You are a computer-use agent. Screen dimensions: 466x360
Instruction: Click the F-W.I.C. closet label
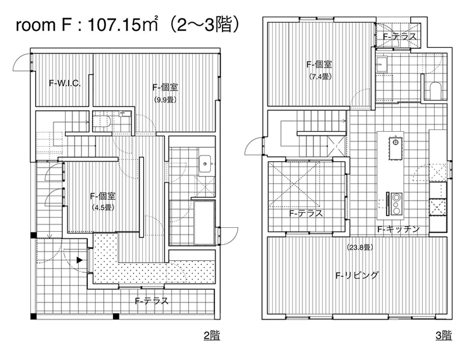click(65, 83)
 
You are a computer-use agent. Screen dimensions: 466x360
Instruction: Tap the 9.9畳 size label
click(165, 100)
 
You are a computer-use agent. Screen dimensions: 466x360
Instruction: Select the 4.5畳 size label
click(103, 207)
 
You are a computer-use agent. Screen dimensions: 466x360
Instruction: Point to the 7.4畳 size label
click(319, 76)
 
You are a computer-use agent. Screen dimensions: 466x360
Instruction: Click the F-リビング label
click(357, 275)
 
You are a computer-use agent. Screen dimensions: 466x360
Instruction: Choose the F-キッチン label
click(398, 229)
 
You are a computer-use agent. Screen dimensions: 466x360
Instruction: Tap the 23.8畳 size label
click(359, 248)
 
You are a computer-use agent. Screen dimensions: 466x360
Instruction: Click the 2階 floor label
click(211, 336)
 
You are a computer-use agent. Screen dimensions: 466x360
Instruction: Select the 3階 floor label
click(444, 336)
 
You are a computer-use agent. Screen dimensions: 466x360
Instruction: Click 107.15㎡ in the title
click(122, 24)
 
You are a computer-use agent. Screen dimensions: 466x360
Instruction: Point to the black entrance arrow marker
click(79, 260)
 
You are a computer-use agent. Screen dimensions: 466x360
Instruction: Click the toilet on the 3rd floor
click(435, 90)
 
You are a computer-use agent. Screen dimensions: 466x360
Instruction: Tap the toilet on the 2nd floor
click(101, 121)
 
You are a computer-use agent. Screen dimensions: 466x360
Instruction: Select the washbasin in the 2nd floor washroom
click(204, 163)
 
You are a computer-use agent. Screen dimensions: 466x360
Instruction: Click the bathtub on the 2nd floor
click(204, 223)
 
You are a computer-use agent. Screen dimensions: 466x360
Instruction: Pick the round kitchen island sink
click(396, 142)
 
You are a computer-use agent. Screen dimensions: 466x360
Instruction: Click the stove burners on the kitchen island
click(396, 204)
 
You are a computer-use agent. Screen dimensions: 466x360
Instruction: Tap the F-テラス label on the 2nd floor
click(152, 301)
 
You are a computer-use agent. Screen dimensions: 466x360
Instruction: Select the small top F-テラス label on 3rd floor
click(400, 36)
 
